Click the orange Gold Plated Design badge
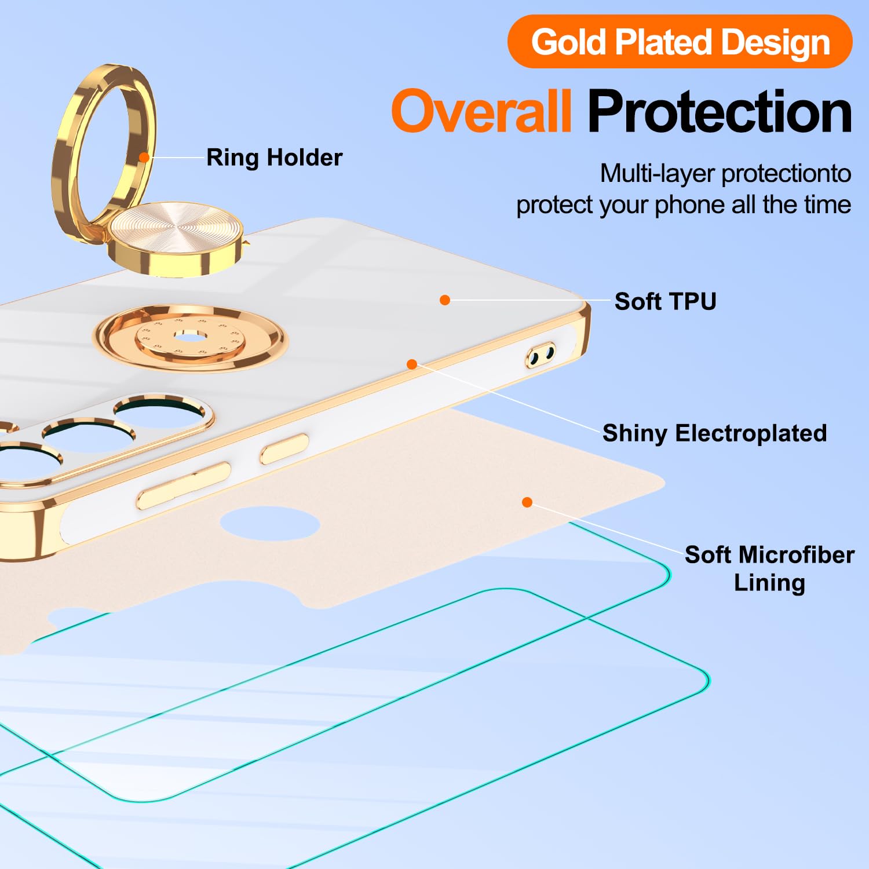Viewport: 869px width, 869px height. (x=680, y=42)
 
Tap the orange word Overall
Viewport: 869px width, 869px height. (x=481, y=111)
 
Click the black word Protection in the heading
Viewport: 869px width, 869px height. (x=720, y=111)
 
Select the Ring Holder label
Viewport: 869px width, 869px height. (x=274, y=158)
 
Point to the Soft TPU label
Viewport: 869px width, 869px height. (x=665, y=301)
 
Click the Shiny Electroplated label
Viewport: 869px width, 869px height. (x=714, y=433)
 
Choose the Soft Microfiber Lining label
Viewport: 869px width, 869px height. (x=769, y=568)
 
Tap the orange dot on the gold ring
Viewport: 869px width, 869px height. (x=144, y=157)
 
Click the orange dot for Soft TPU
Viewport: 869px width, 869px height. (x=445, y=300)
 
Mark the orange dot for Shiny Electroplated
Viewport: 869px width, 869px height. (x=412, y=364)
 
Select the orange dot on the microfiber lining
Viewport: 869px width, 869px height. (x=527, y=502)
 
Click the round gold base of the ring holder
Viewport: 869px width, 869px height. (x=176, y=238)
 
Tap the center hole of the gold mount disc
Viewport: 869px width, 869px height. (x=189, y=337)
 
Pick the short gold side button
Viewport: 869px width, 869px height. (x=284, y=449)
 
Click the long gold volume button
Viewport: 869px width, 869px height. (x=184, y=485)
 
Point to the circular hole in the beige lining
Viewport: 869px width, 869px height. (x=270, y=523)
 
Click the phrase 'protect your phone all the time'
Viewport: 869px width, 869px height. (x=684, y=205)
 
